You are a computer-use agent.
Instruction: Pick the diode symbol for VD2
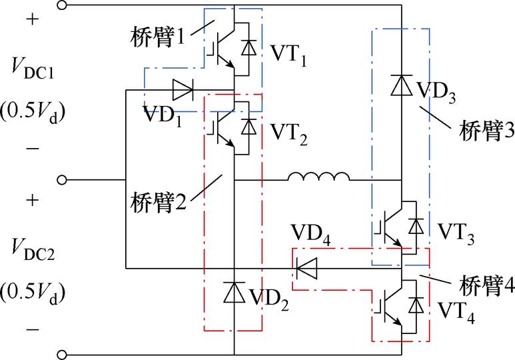pyautogui.click(x=234, y=292)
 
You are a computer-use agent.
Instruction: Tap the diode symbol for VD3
pyautogui.click(x=401, y=85)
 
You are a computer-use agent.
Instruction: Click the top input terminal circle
pyautogui.click(x=63, y=6)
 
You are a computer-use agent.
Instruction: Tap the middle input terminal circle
pyautogui.click(x=63, y=180)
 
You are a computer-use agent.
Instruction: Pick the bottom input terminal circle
pyautogui.click(x=63, y=354)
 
